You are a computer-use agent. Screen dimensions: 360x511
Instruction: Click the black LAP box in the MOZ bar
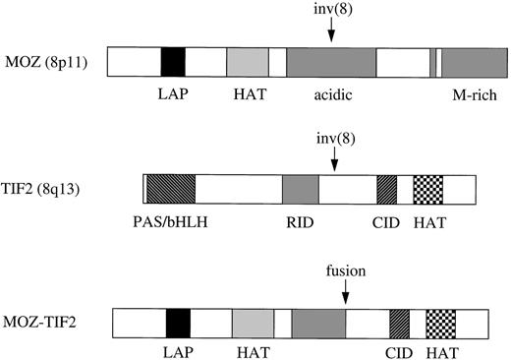pos(173,62)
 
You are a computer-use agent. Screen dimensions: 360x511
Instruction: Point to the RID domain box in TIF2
pos(301,189)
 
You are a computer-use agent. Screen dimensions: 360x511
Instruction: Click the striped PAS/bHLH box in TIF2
pos(170,189)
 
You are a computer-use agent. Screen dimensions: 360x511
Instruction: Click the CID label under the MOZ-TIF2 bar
pos(400,355)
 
